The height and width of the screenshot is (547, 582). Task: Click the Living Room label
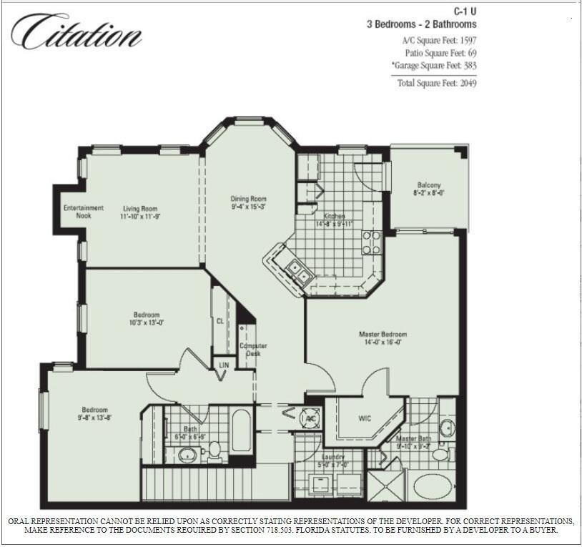(139, 208)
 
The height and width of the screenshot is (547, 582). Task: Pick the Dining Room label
(248, 199)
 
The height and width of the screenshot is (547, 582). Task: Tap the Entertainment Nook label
(83, 212)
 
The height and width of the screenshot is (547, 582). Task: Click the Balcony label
(429, 185)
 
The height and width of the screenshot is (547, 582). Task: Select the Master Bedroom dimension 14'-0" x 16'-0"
(383, 342)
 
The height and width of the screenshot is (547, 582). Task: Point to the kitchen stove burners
(370, 243)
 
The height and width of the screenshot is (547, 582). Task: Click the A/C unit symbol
(309, 419)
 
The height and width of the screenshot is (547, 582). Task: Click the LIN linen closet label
(224, 365)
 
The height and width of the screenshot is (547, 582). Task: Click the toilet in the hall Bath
(214, 450)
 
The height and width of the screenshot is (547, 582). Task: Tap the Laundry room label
(332, 457)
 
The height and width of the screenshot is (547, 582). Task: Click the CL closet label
(220, 322)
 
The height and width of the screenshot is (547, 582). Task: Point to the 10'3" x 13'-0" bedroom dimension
(146, 322)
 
